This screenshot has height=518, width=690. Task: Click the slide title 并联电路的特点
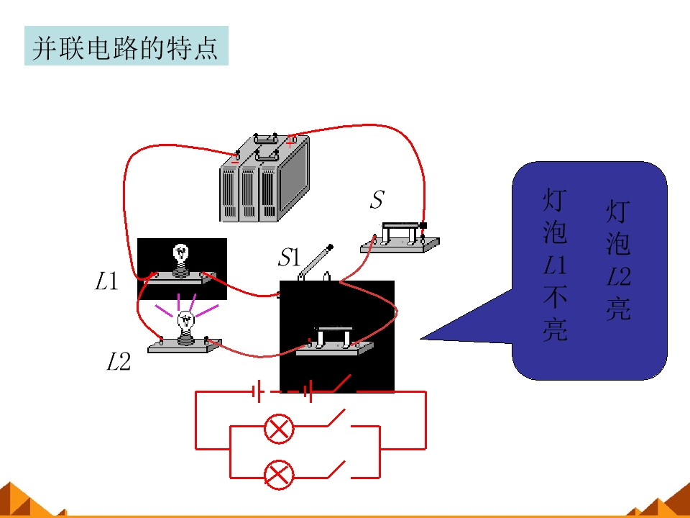point(126,47)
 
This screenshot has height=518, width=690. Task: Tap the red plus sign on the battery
point(290,142)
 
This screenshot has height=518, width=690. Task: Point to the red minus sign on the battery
point(234,162)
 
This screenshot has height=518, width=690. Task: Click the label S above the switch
point(377,199)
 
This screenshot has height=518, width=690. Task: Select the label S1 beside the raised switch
point(289,257)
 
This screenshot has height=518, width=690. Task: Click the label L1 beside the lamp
point(107,281)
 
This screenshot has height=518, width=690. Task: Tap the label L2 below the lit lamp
point(119,362)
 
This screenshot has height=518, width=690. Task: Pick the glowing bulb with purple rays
point(185,327)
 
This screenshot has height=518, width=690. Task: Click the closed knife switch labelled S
point(400,238)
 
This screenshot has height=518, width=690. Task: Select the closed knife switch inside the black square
point(334,341)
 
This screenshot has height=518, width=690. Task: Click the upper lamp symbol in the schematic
point(279,428)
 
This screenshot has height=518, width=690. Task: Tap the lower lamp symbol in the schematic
point(279,474)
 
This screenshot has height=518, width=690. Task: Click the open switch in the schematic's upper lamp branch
point(336,419)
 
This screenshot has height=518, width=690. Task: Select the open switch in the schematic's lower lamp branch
point(336,469)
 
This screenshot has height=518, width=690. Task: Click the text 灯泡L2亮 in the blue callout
point(618,260)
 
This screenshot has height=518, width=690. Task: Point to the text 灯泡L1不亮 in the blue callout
point(554,265)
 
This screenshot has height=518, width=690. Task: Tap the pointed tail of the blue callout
point(423,338)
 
